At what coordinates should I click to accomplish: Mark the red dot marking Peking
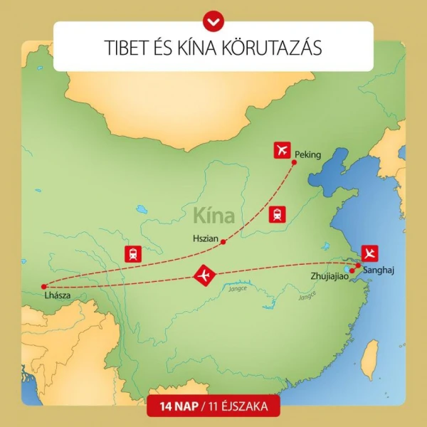tap(295, 163)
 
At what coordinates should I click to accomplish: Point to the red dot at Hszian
tap(223, 242)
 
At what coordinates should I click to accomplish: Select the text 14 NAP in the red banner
tap(174, 408)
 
